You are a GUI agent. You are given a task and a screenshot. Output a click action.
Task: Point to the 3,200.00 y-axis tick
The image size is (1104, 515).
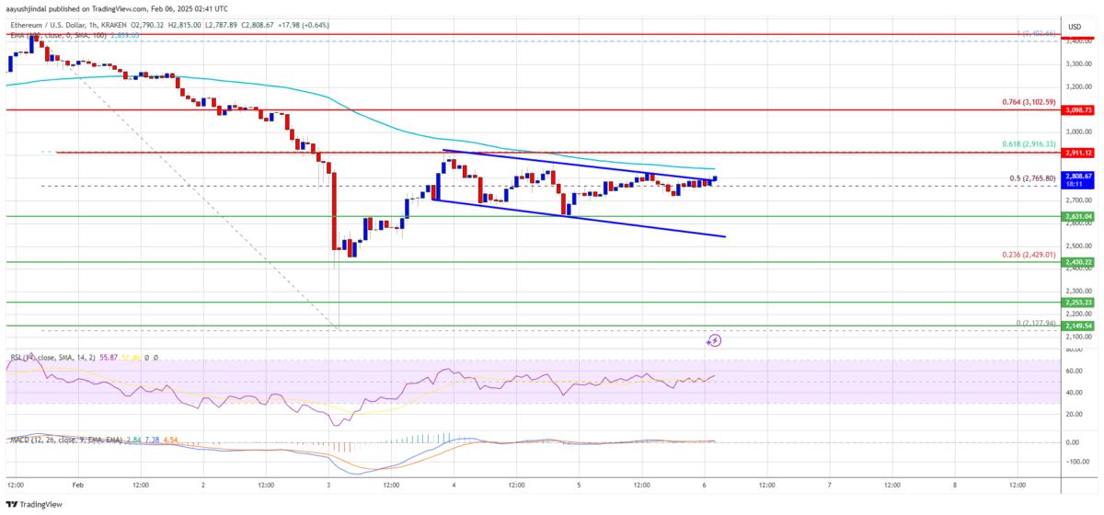[x=1073, y=86]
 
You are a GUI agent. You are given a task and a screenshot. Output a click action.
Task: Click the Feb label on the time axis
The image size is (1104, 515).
[x=77, y=484]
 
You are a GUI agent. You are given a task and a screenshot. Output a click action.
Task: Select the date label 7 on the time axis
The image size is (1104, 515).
[x=830, y=484]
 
